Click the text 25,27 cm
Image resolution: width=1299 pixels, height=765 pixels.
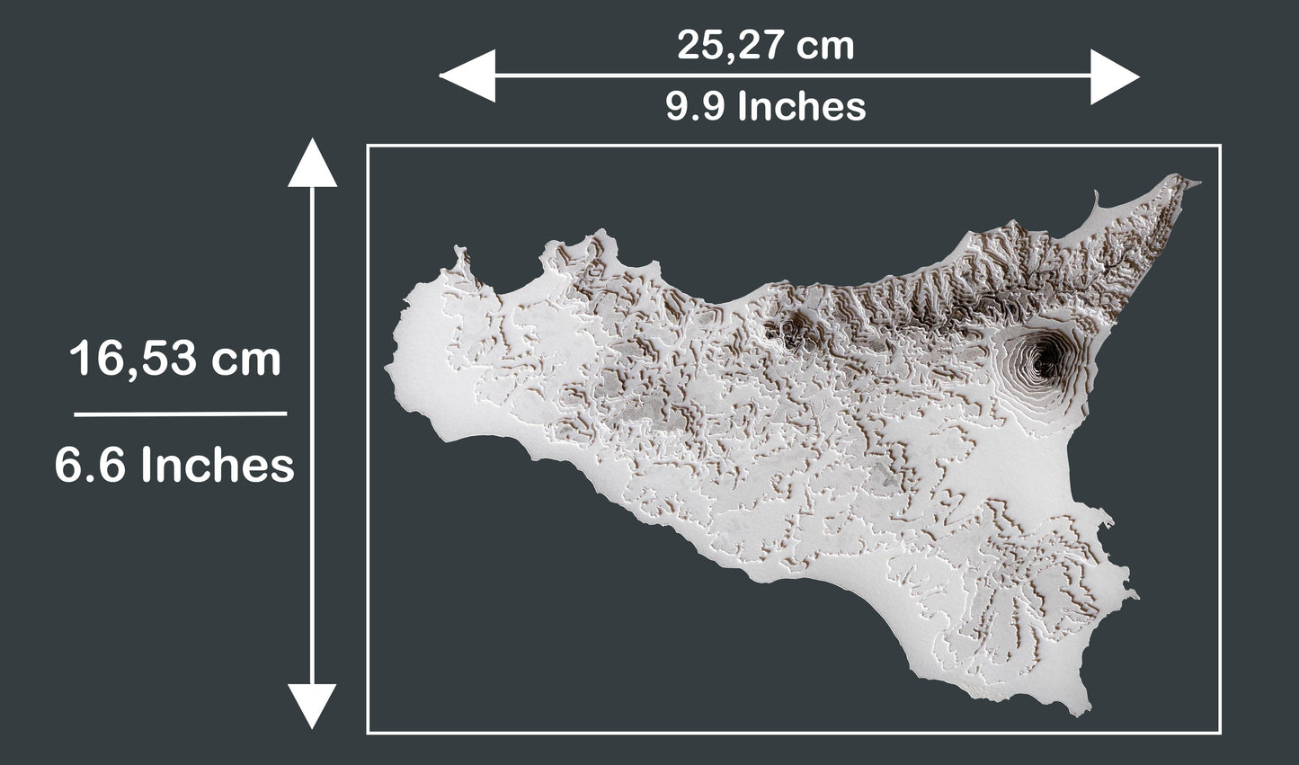(765, 45)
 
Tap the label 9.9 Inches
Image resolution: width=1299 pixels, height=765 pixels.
(765, 107)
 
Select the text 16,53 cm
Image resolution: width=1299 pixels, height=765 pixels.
(175, 360)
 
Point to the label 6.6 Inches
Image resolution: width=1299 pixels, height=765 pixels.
(174, 466)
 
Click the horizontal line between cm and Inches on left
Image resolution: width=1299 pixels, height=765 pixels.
(180, 414)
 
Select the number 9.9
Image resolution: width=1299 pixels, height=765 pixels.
(697, 107)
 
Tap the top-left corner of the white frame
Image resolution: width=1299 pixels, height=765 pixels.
(368, 146)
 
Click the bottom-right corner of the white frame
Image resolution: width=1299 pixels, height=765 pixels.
(1219, 733)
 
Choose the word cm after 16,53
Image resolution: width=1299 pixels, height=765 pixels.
(246, 360)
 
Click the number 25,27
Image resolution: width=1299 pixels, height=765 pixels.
(725, 45)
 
